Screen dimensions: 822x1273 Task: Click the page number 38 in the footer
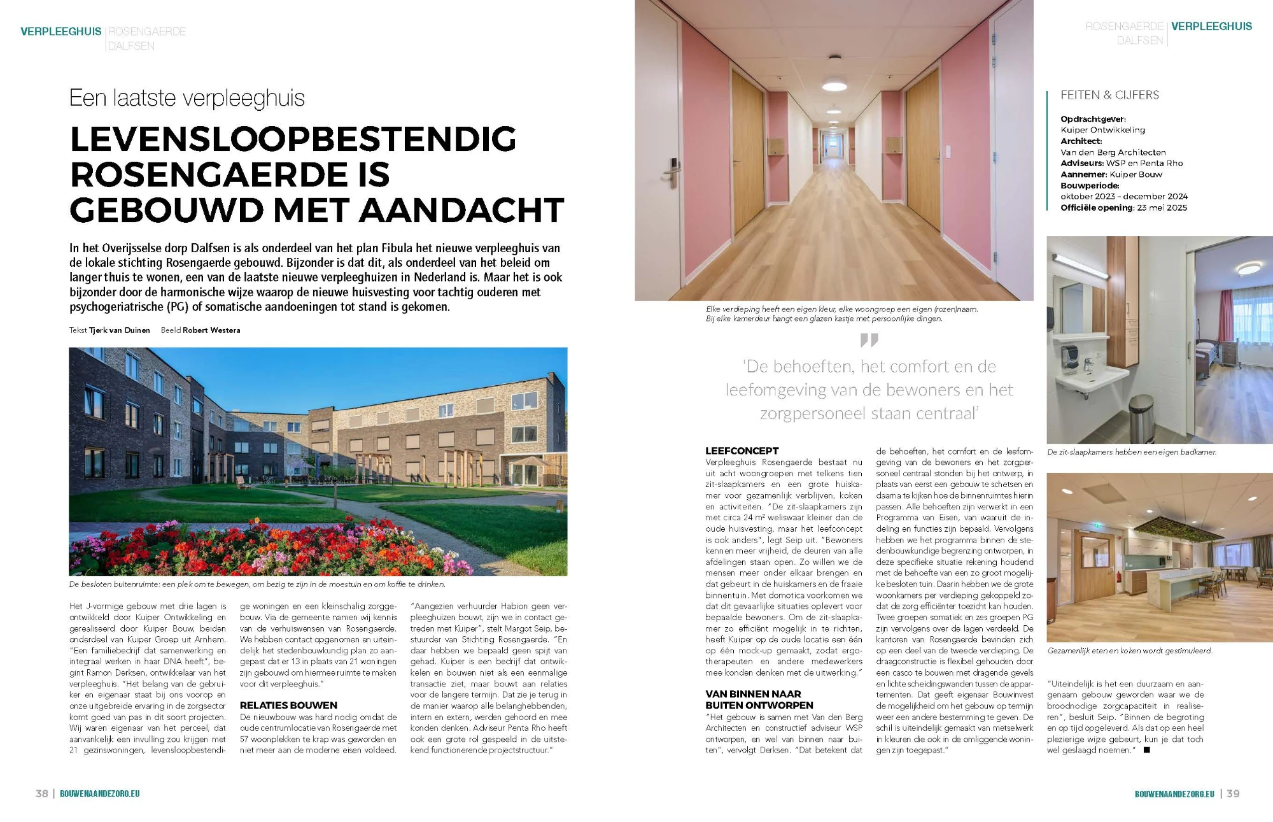(x=42, y=793)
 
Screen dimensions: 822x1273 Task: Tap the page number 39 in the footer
(x=1233, y=793)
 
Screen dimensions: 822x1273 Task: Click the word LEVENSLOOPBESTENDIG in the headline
(x=293, y=139)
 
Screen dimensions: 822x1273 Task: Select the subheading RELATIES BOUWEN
(x=288, y=705)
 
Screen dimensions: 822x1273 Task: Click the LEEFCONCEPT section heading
(x=742, y=450)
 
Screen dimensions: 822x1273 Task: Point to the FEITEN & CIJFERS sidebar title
(x=1109, y=95)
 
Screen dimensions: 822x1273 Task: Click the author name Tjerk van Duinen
(x=120, y=330)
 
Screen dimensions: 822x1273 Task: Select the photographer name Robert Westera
(x=211, y=330)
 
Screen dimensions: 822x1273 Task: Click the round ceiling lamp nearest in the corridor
(x=834, y=84)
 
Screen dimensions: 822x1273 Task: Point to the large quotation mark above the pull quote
(x=869, y=340)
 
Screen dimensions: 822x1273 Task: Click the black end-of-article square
(x=1147, y=749)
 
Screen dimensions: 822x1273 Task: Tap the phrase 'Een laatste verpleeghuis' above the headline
(x=187, y=98)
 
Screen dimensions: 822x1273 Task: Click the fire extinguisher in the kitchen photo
(x=1119, y=578)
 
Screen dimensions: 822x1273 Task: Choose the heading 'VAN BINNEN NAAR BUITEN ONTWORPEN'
(x=759, y=699)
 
